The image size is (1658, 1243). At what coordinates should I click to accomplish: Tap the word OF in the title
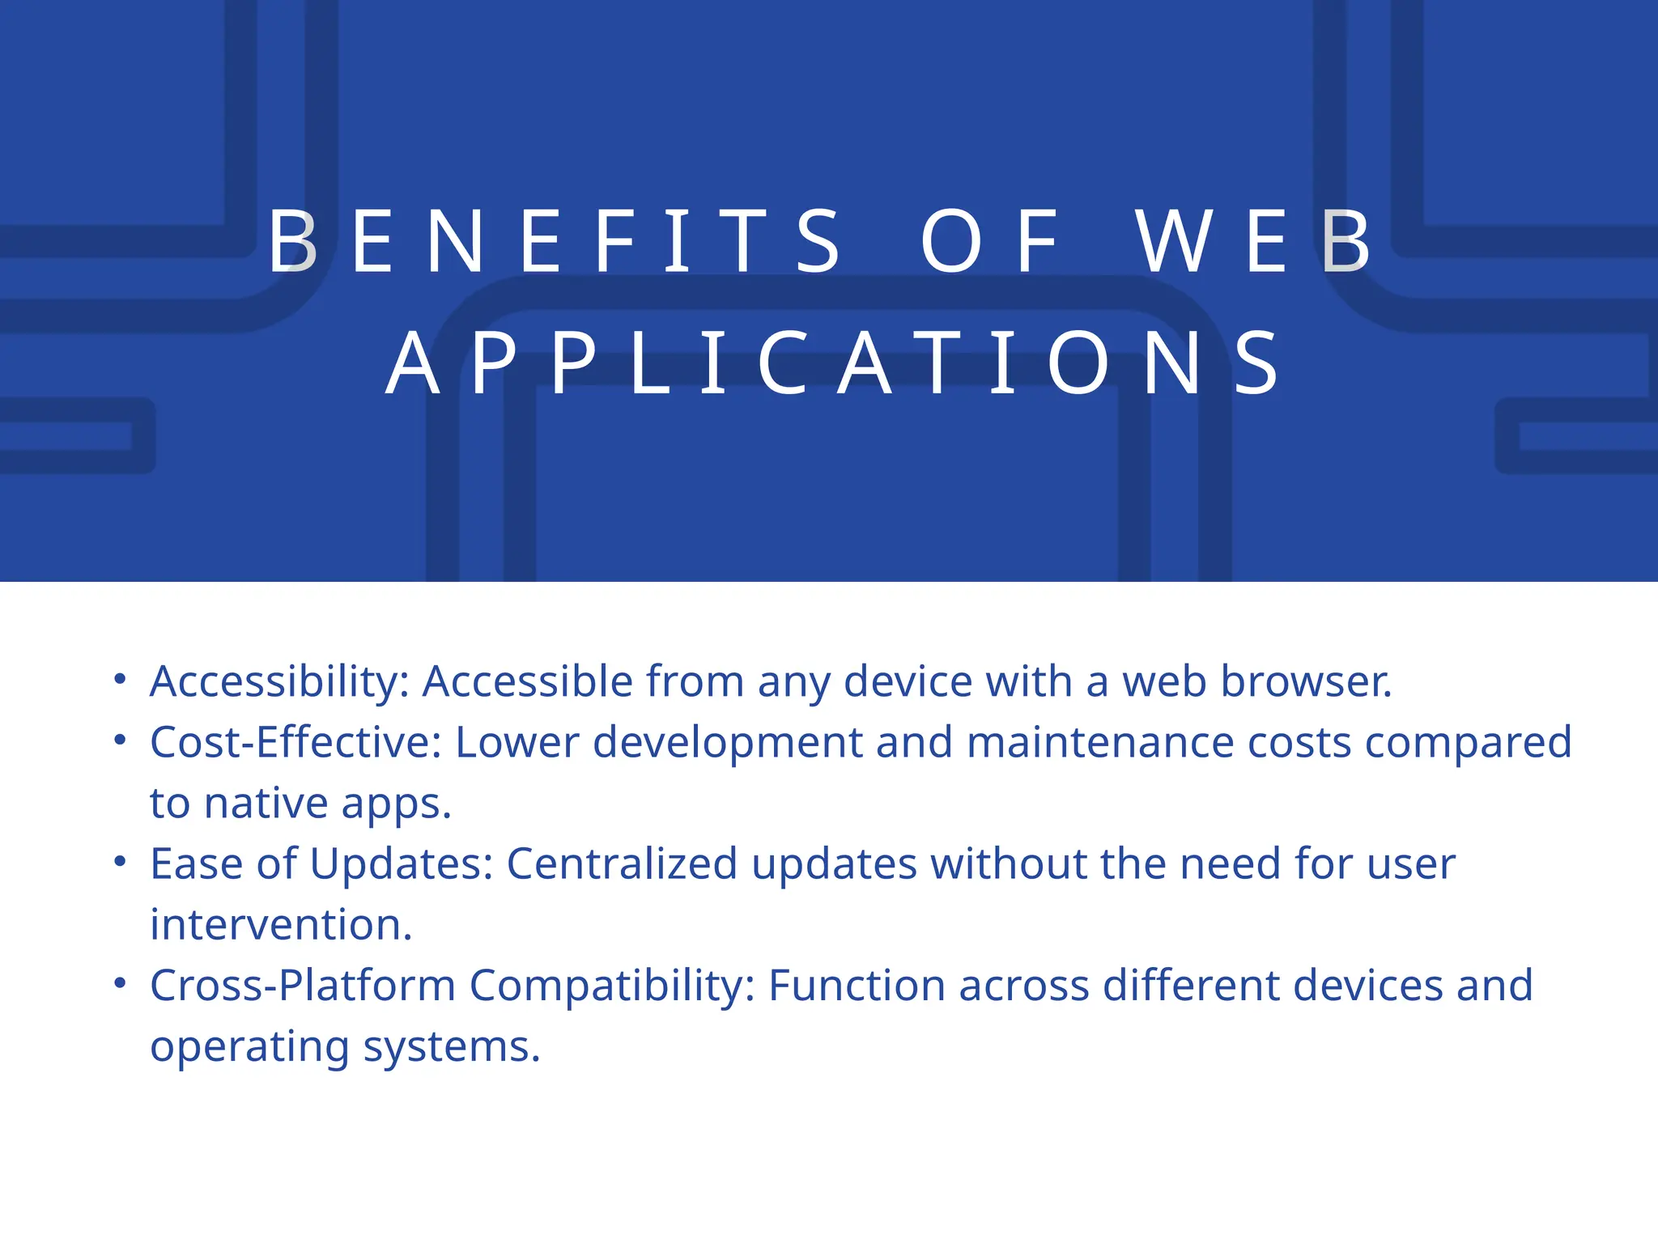989,241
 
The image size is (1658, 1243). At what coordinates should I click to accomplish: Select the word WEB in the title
1253,241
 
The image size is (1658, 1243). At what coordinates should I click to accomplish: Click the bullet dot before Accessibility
120,678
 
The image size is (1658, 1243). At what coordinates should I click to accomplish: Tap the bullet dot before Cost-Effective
120,739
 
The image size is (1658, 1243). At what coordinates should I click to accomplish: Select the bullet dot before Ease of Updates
120,861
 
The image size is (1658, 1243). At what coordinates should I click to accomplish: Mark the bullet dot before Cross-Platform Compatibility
120,983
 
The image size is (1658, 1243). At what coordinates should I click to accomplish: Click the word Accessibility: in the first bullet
280,681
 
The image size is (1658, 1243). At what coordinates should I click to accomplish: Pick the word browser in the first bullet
1305,681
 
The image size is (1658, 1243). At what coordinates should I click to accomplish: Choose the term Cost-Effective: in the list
295,742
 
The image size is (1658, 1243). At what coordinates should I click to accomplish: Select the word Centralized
622,863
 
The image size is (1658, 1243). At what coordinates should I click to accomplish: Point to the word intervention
280,925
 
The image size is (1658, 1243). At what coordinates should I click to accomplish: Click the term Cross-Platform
303,986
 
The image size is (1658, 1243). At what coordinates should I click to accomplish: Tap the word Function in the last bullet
857,986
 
